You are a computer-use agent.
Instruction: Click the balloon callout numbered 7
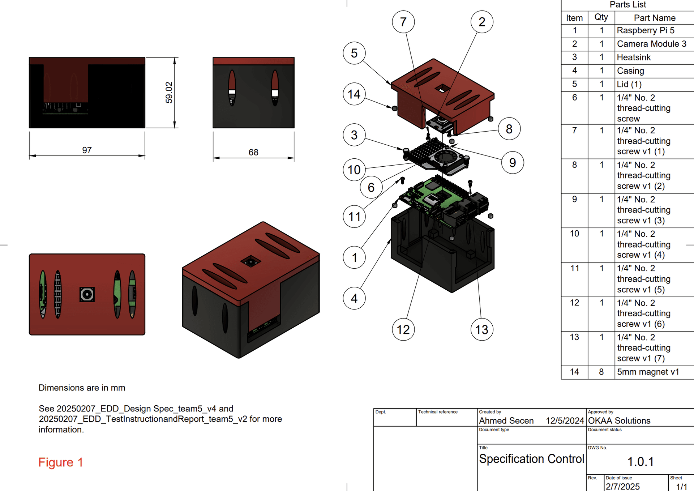pyautogui.click(x=403, y=22)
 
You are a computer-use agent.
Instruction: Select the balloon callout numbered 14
pyautogui.click(x=354, y=94)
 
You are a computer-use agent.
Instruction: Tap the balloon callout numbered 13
pyautogui.click(x=481, y=329)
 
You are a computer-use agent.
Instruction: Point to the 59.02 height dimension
pyautogui.click(x=169, y=93)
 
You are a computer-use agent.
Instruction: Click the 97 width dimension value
pyautogui.click(x=87, y=150)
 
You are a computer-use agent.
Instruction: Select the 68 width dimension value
pyautogui.click(x=253, y=152)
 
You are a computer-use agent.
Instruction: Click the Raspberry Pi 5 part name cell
pyautogui.click(x=645, y=30)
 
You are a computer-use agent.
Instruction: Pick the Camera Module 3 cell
pyautogui.click(x=651, y=44)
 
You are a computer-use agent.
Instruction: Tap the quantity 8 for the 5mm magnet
pyautogui.click(x=601, y=372)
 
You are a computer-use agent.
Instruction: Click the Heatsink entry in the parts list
pyautogui.click(x=633, y=57)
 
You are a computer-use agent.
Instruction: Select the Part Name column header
pyautogui.click(x=654, y=18)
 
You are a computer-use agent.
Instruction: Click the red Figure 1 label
pyautogui.click(x=61, y=462)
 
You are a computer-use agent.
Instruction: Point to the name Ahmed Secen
pyautogui.click(x=506, y=420)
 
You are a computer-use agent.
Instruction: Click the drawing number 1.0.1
pyautogui.click(x=640, y=462)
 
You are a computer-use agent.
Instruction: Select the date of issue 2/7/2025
pyautogui.click(x=622, y=486)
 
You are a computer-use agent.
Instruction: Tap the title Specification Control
pyautogui.click(x=531, y=459)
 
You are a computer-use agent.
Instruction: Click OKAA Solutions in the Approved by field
pyautogui.click(x=619, y=420)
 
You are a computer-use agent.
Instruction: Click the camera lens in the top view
pyautogui.click(x=87, y=294)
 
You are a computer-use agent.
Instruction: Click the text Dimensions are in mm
pyautogui.click(x=82, y=388)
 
